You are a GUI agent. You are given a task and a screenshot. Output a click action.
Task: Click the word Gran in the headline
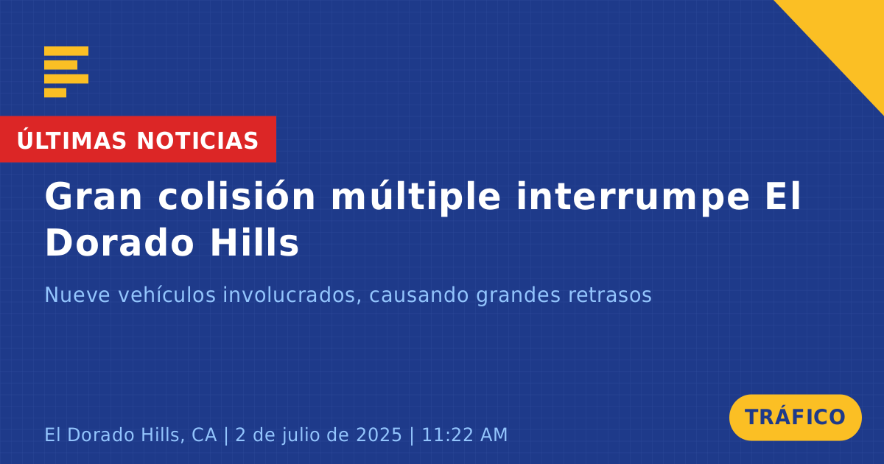(x=93, y=196)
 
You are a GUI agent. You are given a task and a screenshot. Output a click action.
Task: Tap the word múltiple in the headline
(x=416, y=198)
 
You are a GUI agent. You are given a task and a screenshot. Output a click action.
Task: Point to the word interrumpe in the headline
(x=633, y=198)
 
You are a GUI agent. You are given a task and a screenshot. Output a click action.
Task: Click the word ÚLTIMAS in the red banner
(x=71, y=139)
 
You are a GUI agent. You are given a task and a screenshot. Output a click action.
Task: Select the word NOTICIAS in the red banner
(x=197, y=141)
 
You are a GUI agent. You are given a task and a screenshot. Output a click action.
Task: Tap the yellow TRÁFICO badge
(x=795, y=417)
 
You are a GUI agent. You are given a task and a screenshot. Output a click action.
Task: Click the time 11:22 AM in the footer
(x=465, y=435)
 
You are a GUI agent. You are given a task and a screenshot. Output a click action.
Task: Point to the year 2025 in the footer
(x=379, y=435)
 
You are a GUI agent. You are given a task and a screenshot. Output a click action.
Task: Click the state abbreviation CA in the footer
(x=205, y=435)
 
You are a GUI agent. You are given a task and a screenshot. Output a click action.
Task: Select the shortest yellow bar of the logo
(x=55, y=93)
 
